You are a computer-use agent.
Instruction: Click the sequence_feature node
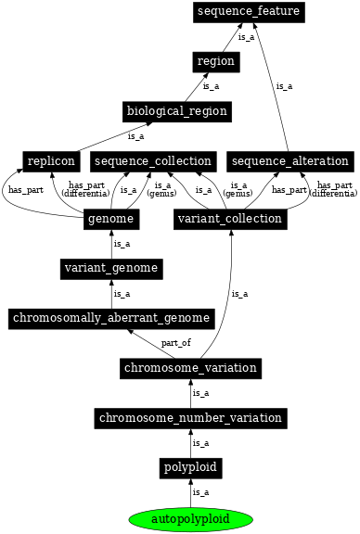coord(248,11)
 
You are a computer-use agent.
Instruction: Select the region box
coord(216,61)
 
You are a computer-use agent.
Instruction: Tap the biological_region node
coord(176,111)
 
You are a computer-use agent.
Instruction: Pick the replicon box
coord(50,161)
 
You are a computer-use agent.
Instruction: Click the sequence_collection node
coord(153,161)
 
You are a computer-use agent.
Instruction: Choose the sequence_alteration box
coord(289,161)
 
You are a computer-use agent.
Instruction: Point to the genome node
coord(112,219)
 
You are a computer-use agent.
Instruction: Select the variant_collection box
coord(229,219)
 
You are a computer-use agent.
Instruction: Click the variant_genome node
coord(112,269)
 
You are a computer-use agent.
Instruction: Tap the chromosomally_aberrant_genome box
coord(111,319)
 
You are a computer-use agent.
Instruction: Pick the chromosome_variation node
coord(190,368)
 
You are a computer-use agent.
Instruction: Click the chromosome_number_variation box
coord(190,418)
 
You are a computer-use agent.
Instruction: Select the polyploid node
coord(190,468)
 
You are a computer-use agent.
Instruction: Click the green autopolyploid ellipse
coord(190,517)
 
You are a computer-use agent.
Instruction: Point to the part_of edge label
coord(175,343)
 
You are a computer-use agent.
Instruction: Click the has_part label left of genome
coord(26,190)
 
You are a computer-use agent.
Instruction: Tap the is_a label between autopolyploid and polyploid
coord(200,492)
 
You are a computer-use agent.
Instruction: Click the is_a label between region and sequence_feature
coord(246,37)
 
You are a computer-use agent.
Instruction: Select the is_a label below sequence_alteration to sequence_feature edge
coord(284,86)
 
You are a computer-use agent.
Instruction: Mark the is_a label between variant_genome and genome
coord(122,244)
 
